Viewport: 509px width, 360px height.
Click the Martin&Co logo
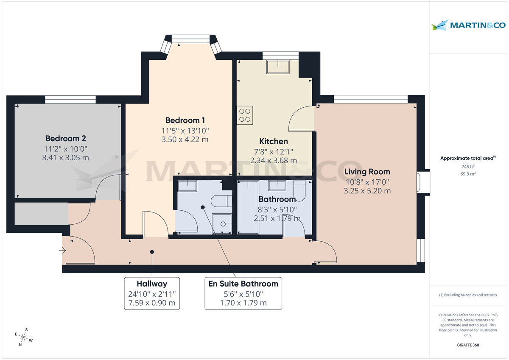[x=468, y=25]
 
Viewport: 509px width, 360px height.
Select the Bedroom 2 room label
[x=66, y=139]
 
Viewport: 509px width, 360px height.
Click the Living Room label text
[x=367, y=172]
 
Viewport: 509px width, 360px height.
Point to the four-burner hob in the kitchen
[x=245, y=115]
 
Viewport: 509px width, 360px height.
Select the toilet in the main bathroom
[x=301, y=191]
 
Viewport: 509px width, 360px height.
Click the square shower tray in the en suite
[x=222, y=223]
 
